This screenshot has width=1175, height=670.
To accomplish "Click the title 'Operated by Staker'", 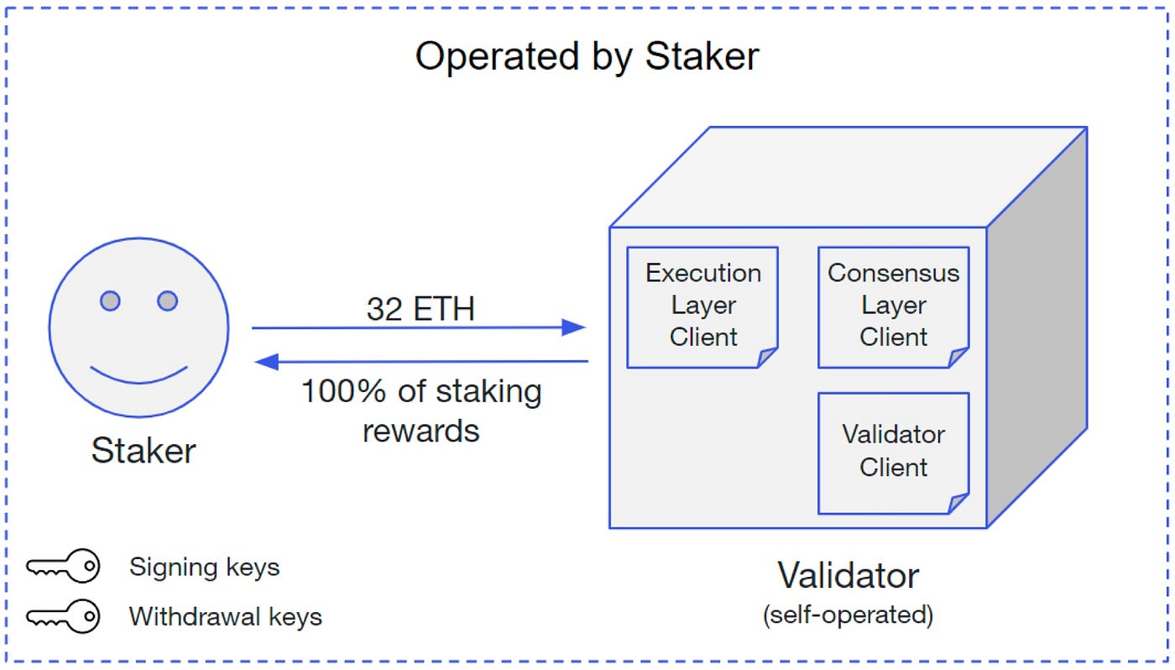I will coord(587,57).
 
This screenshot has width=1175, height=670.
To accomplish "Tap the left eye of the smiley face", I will coord(110,301).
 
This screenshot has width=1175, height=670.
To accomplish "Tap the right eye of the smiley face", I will coord(167,301).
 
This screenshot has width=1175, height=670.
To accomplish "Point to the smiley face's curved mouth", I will coord(138,374).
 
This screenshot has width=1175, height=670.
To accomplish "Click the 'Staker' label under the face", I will coord(143,451).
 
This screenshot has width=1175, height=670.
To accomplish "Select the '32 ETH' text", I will coord(420,309).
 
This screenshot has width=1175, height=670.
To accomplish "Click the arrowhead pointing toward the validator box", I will coord(573,327).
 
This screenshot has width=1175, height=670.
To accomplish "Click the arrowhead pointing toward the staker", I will coord(266,361).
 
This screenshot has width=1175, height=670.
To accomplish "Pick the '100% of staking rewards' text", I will coord(420,411).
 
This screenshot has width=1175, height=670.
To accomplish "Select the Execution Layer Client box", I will coord(702,306).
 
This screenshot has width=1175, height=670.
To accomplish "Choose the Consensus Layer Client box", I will coord(893,306).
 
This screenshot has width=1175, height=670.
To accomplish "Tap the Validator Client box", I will coord(893,452).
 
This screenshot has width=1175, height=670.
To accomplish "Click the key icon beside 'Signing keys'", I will coord(63,568).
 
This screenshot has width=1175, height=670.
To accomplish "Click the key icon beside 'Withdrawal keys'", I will coord(63,617).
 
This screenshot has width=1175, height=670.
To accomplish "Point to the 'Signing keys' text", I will coord(204,568).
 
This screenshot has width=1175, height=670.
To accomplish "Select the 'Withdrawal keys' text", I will coord(225,617).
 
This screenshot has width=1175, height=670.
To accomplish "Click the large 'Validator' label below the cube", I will coord(848,576).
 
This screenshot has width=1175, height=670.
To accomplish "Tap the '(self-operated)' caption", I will coord(848,615).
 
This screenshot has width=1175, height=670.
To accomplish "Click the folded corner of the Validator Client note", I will coord(958,504).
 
